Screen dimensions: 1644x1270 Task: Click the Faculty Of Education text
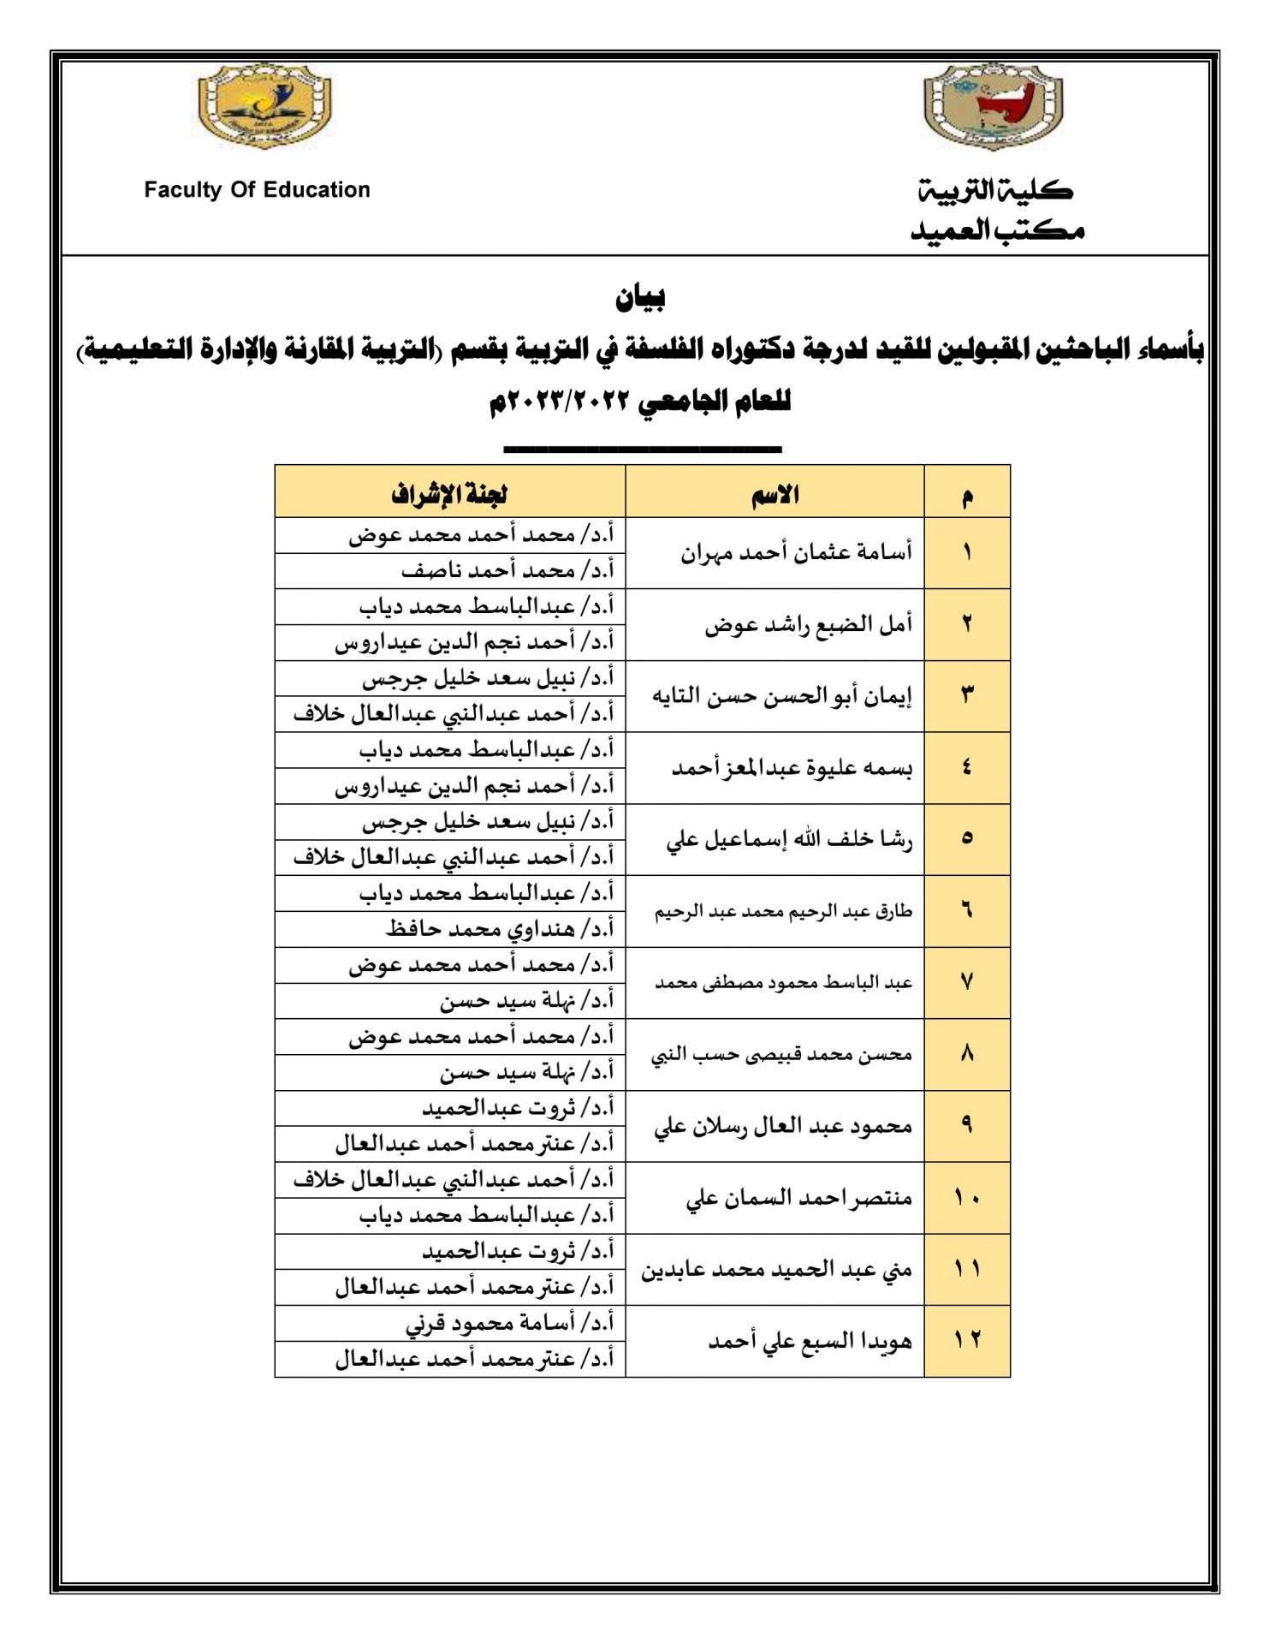point(257,190)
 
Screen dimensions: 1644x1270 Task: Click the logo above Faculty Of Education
point(264,106)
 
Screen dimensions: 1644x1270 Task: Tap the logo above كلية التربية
point(993,107)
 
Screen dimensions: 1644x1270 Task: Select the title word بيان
point(640,297)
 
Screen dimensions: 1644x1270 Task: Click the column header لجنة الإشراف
point(449,494)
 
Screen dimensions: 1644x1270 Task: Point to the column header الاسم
point(774,494)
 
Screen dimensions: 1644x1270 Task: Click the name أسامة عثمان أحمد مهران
point(796,552)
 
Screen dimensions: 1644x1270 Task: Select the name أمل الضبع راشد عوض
point(808,624)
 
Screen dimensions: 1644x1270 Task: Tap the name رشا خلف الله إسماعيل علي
point(789,839)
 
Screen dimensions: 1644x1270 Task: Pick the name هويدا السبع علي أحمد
point(810,1341)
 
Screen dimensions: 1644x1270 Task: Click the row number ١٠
point(967,1198)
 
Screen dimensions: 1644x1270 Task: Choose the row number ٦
point(967,911)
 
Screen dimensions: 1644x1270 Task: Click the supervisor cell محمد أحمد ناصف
point(507,570)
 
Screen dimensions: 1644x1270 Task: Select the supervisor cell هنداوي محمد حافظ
point(500,929)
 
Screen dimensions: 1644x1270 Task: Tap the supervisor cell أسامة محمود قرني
point(510,1324)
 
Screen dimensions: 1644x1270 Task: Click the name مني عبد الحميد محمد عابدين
point(776,1270)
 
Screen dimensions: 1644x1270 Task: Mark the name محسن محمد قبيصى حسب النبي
point(780,1055)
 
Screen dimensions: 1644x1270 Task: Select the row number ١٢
point(967,1341)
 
